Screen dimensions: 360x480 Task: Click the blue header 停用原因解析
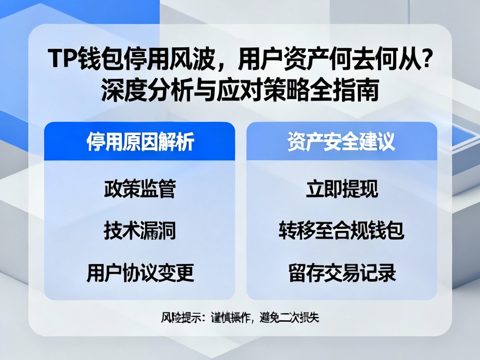140,142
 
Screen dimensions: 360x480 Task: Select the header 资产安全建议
341,142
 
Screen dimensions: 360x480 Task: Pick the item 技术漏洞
140,231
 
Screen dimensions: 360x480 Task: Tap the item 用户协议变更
140,273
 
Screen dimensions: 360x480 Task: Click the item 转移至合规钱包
341,231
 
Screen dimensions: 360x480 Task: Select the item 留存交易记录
341,273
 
